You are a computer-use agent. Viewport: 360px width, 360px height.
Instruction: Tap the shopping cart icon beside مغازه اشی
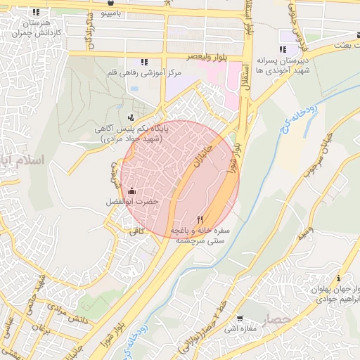[x=239, y=318]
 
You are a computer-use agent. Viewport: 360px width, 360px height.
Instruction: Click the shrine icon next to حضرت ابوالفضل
[x=132, y=191]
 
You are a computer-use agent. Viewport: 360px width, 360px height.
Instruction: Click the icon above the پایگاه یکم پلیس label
[x=130, y=117]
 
